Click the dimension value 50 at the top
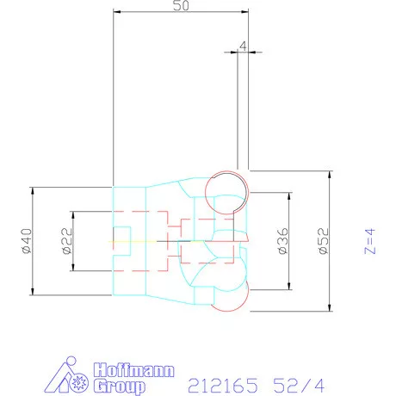point(182,5)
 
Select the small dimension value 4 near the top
point(244,45)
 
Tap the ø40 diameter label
point(26,240)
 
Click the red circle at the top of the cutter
point(226,187)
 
